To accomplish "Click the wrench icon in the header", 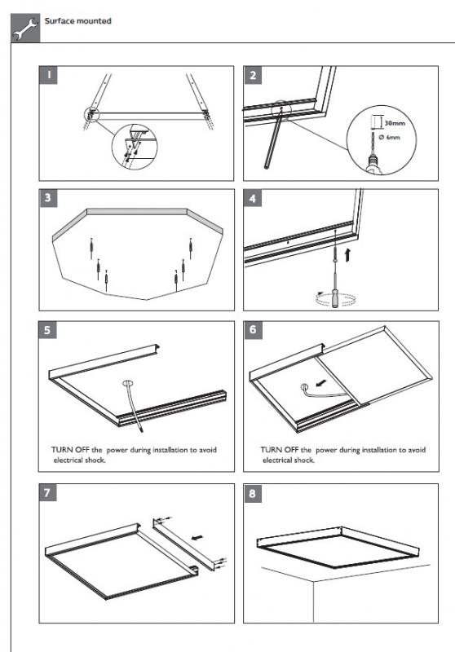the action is point(25,29).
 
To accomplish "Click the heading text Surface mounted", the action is point(77,21).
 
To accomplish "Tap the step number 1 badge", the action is point(48,75).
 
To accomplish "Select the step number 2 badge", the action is point(253,75).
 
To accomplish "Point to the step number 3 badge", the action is point(48,197).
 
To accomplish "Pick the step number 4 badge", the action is point(253,198).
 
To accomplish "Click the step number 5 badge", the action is point(47,330).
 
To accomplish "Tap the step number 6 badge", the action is point(253,330).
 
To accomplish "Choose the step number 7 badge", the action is point(47,493).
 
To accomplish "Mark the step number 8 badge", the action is point(253,494).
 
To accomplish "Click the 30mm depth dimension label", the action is point(395,123).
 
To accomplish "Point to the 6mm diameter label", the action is point(389,137).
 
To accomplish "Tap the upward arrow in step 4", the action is point(347,255).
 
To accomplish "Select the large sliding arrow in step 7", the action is point(197,537).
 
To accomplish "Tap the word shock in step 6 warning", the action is point(305,460).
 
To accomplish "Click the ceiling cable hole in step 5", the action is point(128,383).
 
